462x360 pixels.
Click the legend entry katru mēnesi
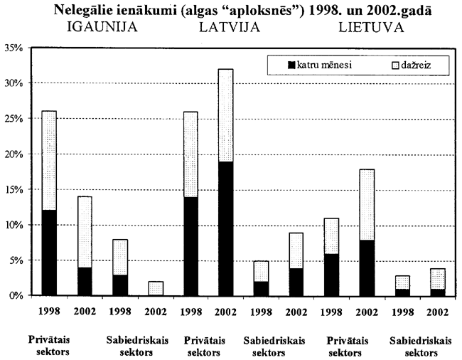point(319,66)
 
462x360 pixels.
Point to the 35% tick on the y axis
point(14,48)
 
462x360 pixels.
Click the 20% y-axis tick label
point(14,154)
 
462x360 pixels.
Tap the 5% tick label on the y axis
point(16,260)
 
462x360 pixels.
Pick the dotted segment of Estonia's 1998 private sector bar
point(48,161)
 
